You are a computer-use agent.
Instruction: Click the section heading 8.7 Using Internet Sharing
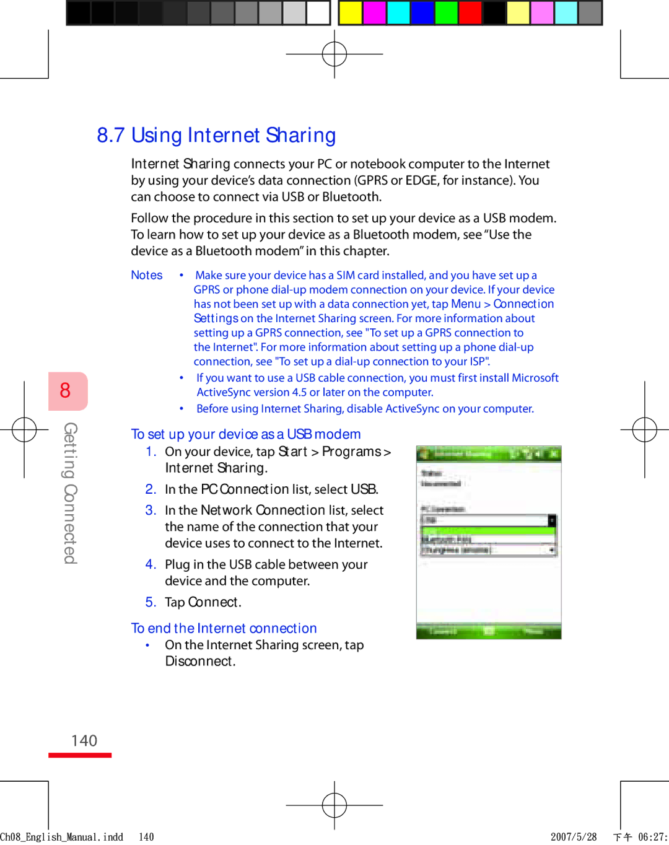pos(216,135)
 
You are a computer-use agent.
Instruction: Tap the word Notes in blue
pos(147,275)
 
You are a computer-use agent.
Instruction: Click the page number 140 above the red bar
pos(84,741)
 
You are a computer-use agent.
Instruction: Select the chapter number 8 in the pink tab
pos(66,390)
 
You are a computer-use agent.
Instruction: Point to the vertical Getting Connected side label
pos(71,493)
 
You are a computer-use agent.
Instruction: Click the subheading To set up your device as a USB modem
pos(246,434)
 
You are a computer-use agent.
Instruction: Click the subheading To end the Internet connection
pos(224,628)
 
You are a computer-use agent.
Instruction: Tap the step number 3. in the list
pos(151,510)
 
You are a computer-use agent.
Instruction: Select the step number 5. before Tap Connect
pos(151,602)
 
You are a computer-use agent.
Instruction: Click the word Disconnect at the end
pos(199,662)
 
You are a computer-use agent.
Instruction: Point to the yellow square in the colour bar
pos(351,12)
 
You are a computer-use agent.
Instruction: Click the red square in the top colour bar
pos(471,12)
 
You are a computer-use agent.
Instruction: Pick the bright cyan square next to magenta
pos(399,12)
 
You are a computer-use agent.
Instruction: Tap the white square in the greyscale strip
pos(318,12)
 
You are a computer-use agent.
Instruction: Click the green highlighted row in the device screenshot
pos(488,531)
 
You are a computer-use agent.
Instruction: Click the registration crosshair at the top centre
pos(334,54)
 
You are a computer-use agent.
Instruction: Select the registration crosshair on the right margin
pos(644,429)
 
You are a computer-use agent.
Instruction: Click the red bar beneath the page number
pos(80,755)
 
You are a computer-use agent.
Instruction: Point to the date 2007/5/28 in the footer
pos(574,837)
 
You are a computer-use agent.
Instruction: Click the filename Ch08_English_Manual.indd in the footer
pos(62,837)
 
